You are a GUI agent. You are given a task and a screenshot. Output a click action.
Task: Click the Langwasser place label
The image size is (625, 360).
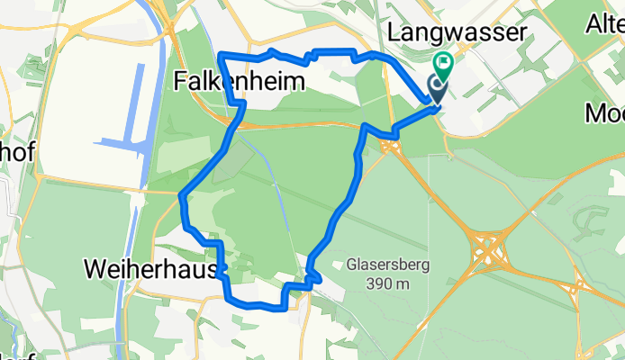click(x=456, y=32)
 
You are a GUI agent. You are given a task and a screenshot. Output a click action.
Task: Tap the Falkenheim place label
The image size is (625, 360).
click(x=237, y=82)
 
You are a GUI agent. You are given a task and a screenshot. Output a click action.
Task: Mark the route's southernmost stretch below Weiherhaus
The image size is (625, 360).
click(x=257, y=305)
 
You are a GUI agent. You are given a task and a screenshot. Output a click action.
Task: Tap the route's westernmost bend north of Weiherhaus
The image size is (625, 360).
click(x=183, y=195)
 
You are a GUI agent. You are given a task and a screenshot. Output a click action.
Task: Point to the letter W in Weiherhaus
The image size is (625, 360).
click(x=95, y=268)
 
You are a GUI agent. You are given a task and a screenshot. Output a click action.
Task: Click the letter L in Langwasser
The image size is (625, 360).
click(x=394, y=32)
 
